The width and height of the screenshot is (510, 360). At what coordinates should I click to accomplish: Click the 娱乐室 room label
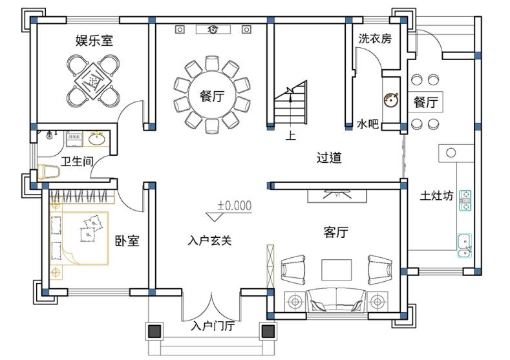pos(94,41)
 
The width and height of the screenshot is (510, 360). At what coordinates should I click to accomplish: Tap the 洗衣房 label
pos(375,39)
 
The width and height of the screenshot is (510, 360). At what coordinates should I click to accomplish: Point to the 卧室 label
pos(127,241)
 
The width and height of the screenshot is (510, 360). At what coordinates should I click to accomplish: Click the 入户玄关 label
pos(209,240)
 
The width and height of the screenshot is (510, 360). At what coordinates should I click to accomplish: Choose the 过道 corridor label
pos(329,157)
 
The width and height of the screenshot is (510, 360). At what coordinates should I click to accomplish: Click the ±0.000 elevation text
pos(234,206)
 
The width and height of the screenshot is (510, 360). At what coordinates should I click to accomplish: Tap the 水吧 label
pos(367,123)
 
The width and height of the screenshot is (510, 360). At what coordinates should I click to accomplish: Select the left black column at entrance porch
pos(154,332)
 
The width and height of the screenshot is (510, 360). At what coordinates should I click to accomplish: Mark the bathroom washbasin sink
pos(98,139)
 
